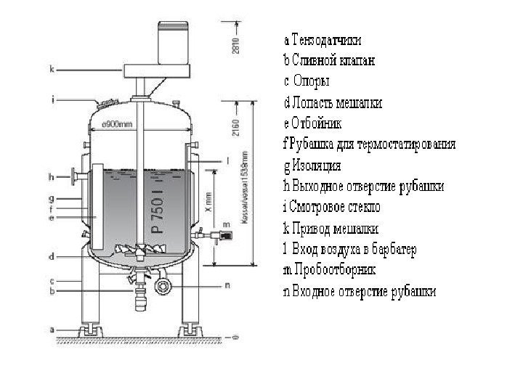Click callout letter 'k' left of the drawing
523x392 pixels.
click(x=52, y=70)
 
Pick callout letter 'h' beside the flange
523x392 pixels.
click(x=52, y=176)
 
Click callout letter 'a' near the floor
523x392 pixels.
click(x=52, y=329)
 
